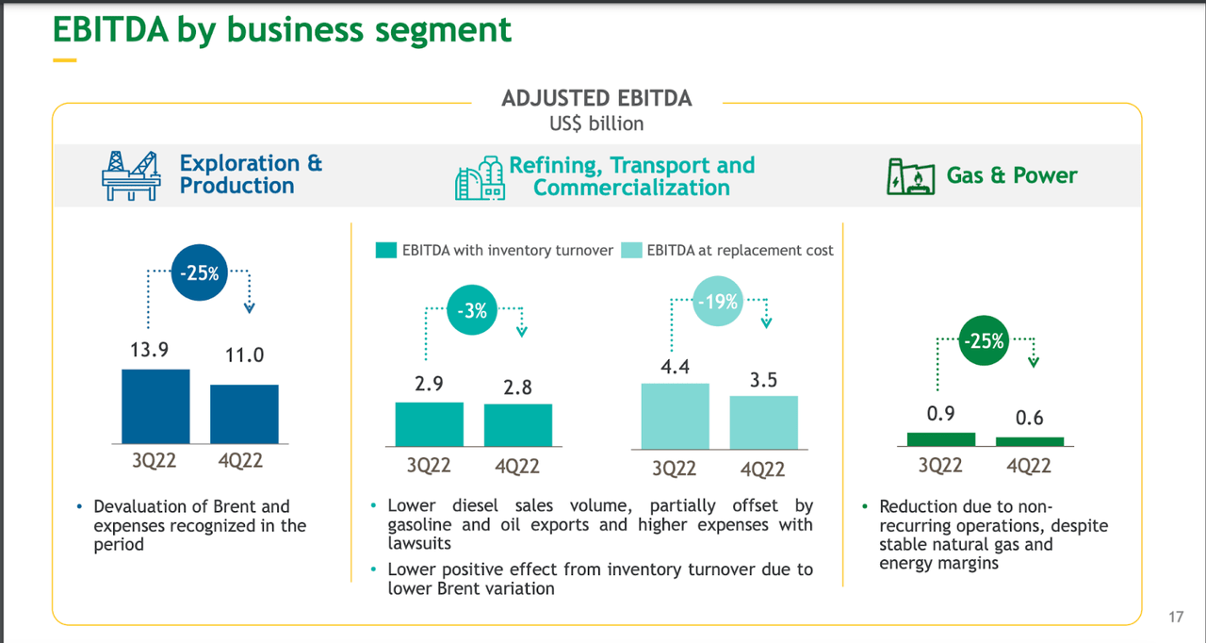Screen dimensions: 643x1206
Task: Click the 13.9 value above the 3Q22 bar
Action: pos(149,350)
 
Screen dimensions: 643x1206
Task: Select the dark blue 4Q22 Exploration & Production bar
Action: pos(244,414)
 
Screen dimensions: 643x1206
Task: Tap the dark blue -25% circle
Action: pos(199,274)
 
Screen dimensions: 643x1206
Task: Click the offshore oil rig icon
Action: pos(131,175)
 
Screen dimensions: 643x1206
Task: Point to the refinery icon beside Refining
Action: pos(480,178)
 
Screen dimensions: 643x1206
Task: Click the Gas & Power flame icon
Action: pos(909,176)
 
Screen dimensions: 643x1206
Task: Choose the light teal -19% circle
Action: pos(718,303)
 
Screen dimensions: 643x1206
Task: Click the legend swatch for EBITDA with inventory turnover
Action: pos(386,251)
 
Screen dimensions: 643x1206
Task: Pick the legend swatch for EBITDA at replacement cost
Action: pos(631,251)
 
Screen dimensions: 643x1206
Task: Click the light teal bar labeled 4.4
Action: pos(675,416)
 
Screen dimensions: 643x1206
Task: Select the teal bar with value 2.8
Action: pos(518,424)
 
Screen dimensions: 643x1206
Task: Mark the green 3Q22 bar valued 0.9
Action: pos(940,438)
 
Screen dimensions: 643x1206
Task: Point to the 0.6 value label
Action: pos(1030,417)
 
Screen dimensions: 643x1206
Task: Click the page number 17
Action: pos(1175,618)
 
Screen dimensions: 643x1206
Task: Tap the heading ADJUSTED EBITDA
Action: pos(596,98)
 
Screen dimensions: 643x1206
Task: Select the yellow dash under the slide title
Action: pos(64,60)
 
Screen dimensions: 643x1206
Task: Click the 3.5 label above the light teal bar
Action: pos(763,380)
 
